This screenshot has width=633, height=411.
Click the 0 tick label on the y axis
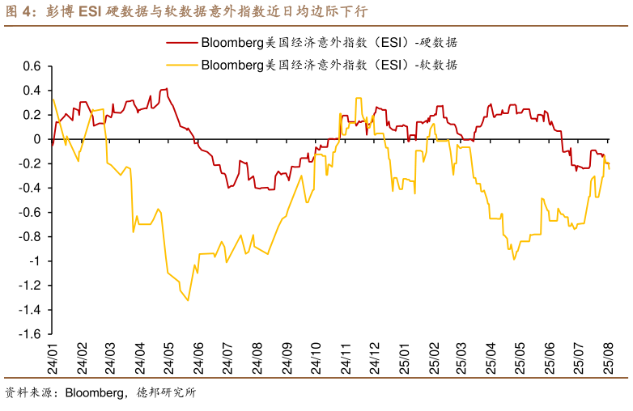[x=36, y=139]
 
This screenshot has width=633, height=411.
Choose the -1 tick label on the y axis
[x=34, y=261]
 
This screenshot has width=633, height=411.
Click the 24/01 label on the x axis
[x=53, y=357]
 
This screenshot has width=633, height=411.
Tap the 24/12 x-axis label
[x=375, y=357]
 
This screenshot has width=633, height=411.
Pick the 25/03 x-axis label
[x=462, y=357]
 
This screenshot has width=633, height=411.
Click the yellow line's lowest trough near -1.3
[x=188, y=301]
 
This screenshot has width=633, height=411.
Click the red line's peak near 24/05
[x=166, y=89]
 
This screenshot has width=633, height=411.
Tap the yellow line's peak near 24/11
[x=358, y=99]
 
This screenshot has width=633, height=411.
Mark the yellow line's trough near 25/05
[x=513, y=259]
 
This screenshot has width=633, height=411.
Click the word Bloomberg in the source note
[x=91, y=394]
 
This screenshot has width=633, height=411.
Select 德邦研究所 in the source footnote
[x=166, y=394]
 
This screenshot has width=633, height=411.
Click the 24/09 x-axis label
[x=287, y=357]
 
